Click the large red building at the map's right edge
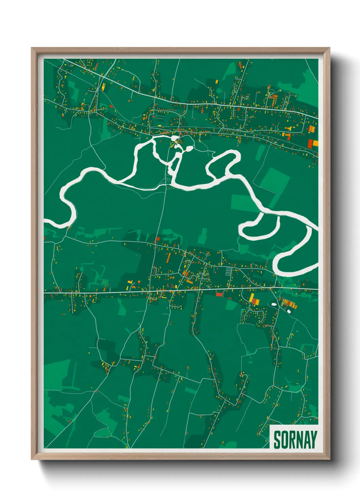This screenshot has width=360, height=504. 310,143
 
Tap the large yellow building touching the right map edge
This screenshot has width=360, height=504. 316,143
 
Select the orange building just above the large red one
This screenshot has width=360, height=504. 311,129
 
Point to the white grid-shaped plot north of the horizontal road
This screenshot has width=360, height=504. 229,271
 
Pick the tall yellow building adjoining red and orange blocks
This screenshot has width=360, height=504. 251,298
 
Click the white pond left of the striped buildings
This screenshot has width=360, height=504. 274,304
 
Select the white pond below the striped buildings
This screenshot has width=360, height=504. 289,311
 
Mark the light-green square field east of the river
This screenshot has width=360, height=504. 275,180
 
